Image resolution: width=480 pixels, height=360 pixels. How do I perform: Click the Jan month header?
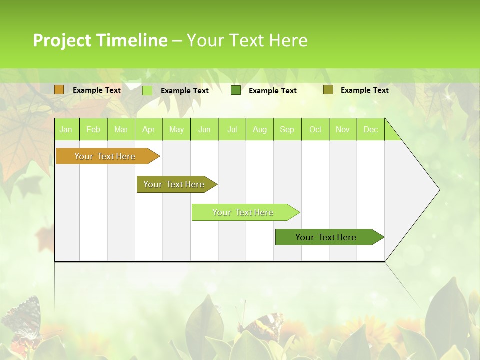coord(66,129)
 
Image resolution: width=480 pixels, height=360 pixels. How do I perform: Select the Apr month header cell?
coord(149,129)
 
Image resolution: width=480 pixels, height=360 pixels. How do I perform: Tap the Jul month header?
coord(232,129)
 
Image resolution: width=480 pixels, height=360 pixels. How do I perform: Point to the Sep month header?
coord(287,129)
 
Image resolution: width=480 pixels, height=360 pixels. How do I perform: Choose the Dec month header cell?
coord(371,129)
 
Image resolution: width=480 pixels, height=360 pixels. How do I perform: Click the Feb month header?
coord(93,129)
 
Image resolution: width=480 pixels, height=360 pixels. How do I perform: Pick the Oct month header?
coord(315,129)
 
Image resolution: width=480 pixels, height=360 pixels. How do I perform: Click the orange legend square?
coord(59,90)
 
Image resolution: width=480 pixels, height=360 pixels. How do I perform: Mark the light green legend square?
coord(147,90)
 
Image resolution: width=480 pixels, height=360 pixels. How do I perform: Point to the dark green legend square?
coord(236,90)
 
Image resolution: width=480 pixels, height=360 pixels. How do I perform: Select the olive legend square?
coord(328,90)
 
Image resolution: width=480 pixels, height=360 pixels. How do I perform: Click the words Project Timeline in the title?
coord(100,40)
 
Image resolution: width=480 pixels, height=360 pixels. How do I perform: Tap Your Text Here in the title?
coord(247,40)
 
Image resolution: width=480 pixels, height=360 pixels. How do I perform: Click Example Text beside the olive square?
coord(364,90)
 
